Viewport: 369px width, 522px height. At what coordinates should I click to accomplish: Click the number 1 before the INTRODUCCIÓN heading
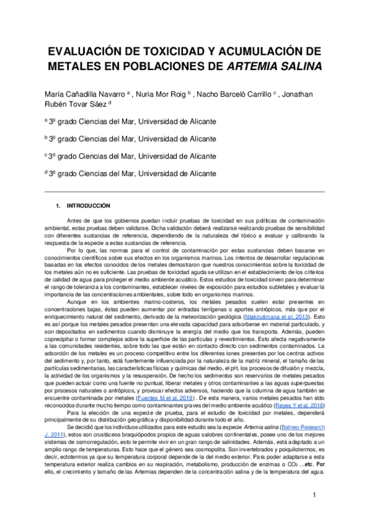click(57, 205)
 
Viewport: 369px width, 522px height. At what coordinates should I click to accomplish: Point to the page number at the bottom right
click(314, 495)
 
